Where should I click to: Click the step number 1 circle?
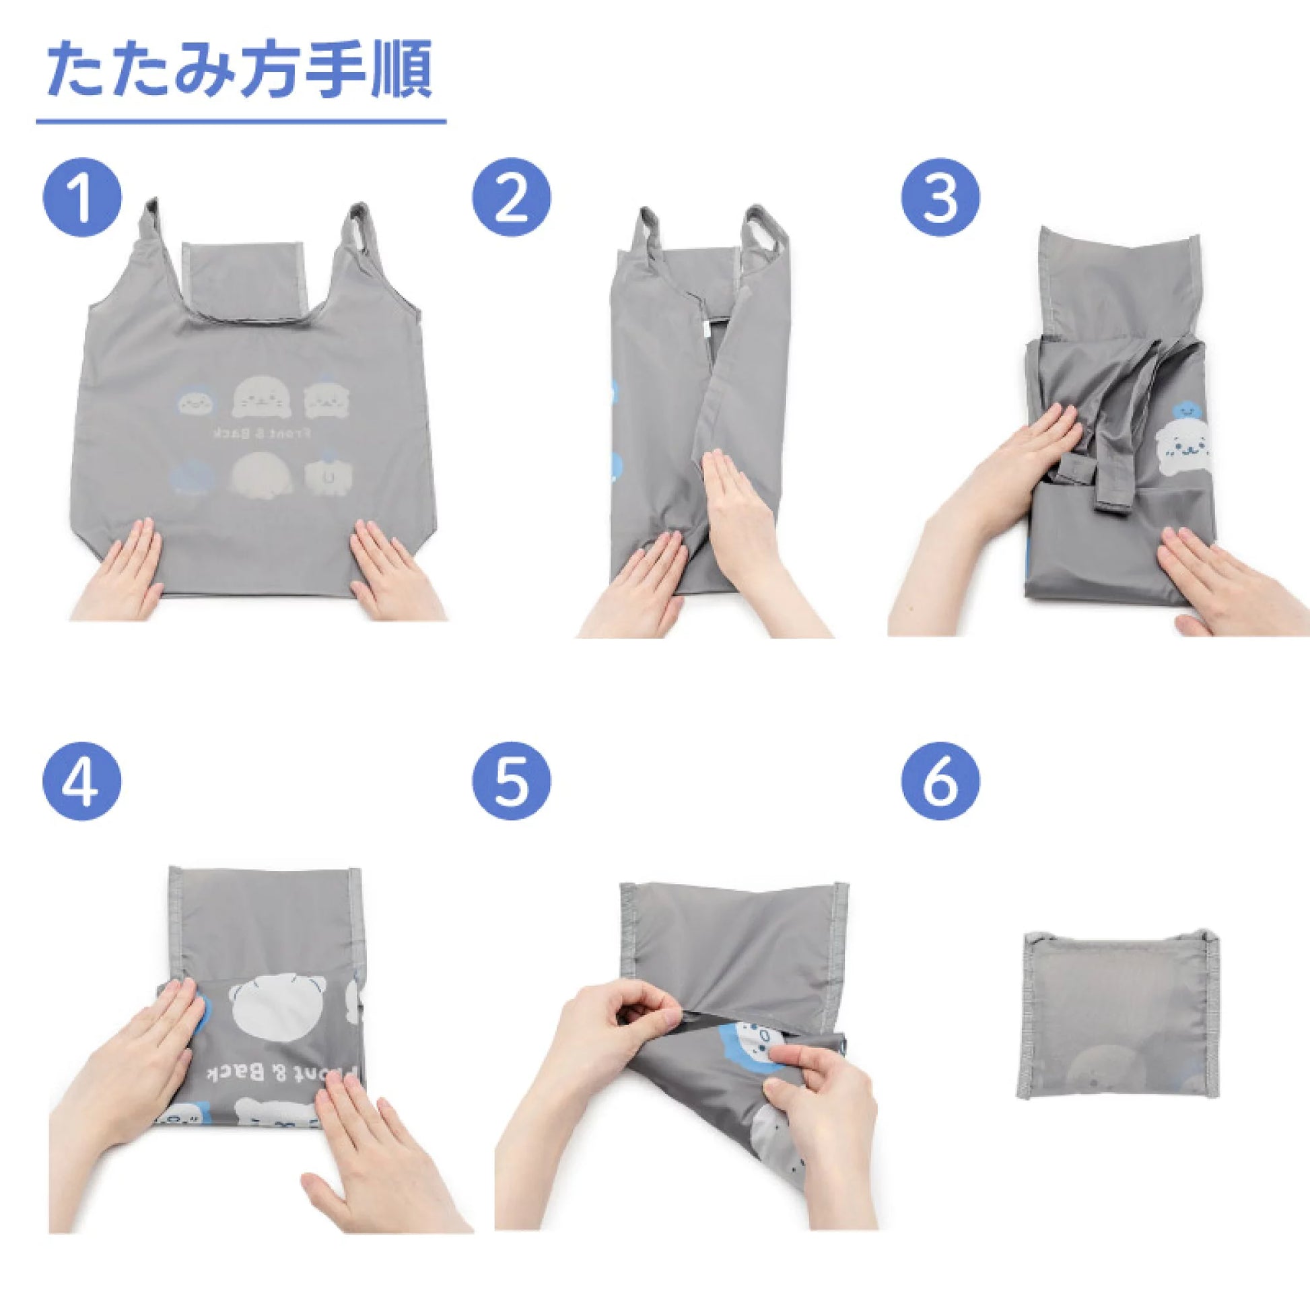(x=82, y=197)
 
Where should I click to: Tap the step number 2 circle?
(x=512, y=197)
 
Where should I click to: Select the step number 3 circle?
(x=940, y=197)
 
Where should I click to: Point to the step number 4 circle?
(x=82, y=782)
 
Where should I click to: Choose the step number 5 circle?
(x=512, y=782)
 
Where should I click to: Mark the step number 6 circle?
(x=940, y=782)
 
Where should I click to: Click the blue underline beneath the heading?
(x=242, y=121)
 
